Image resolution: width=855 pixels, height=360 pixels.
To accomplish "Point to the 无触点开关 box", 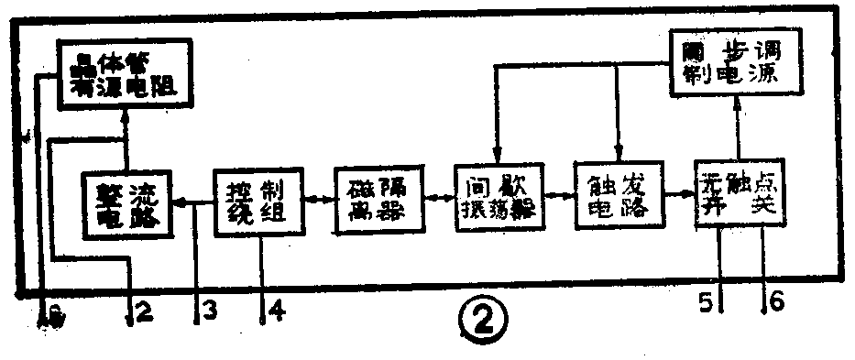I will (x=738, y=192).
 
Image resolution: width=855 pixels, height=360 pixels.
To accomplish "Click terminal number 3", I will (x=209, y=311).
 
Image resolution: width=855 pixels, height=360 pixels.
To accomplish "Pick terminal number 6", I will (x=775, y=300).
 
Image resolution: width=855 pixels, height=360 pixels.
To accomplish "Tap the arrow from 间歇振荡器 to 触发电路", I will (x=559, y=194).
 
